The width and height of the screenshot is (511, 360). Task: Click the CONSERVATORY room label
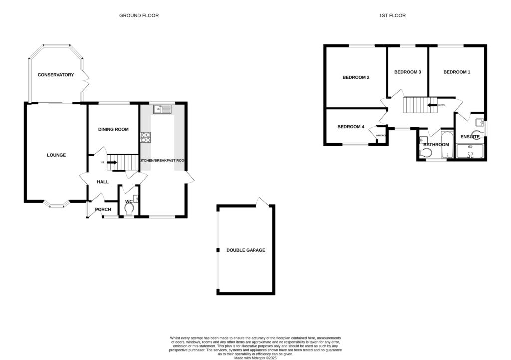coord(56,75)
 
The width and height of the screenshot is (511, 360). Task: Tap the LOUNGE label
coord(56,155)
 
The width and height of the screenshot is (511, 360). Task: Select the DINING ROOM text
coord(113,129)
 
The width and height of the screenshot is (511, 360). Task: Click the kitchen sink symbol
coord(163,109)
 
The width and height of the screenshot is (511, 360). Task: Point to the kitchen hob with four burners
coord(146,137)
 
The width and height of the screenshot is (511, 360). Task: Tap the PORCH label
coord(103,209)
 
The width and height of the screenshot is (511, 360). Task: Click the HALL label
coord(103,182)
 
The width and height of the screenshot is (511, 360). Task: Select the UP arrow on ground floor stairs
coord(111,162)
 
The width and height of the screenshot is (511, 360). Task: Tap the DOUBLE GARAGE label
coord(246,250)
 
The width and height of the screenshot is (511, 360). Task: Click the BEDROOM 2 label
coord(355,77)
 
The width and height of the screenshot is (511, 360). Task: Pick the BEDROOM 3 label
coord(407,72)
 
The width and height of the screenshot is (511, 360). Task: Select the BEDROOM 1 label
coord(457,72)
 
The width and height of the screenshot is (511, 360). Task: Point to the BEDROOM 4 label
coord(351,127)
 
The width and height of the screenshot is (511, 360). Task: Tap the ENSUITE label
coord(470,136)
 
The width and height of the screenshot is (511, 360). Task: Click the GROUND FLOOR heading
coord(139,16)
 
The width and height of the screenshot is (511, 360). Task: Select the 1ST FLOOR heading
coord(392,16)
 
